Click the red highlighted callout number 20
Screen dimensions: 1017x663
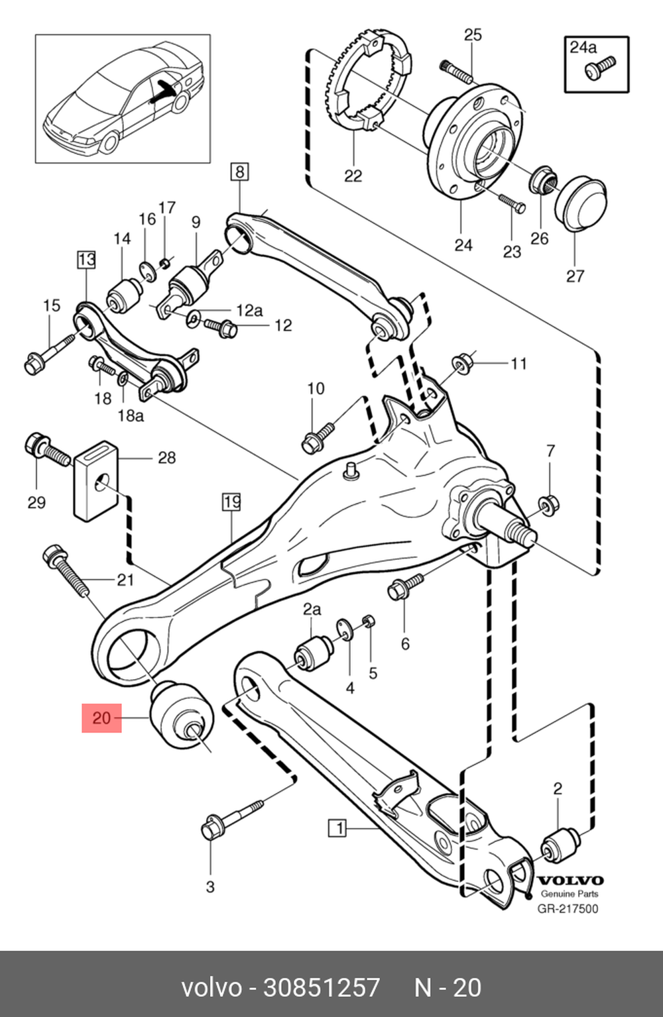[x=101, y=718]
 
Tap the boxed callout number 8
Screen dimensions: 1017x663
[x=239, y=172]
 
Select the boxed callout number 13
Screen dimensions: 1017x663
[x=86, y=259]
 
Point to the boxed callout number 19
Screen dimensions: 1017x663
[x=231, y=502]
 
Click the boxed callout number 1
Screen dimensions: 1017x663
[x=338, y=828]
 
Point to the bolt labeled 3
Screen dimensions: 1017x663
[x=230, y=819]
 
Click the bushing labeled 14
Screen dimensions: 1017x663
[x=125, y=295]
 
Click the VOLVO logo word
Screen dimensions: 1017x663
[x=570, y=880]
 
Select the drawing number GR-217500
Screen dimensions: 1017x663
[x=567, y=908]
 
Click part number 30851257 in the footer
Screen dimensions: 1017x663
[x=322, y=987]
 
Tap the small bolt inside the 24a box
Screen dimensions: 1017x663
[x=600, y=68]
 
